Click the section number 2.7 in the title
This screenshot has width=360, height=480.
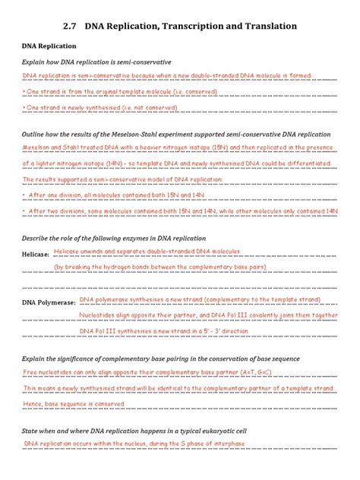pos(72,26)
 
